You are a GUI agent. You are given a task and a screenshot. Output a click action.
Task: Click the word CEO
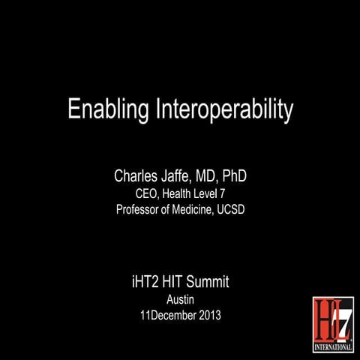pos(136,194)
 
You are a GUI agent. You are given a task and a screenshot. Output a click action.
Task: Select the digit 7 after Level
pos(220,194)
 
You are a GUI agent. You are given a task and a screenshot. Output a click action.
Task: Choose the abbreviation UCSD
pos(231,209)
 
